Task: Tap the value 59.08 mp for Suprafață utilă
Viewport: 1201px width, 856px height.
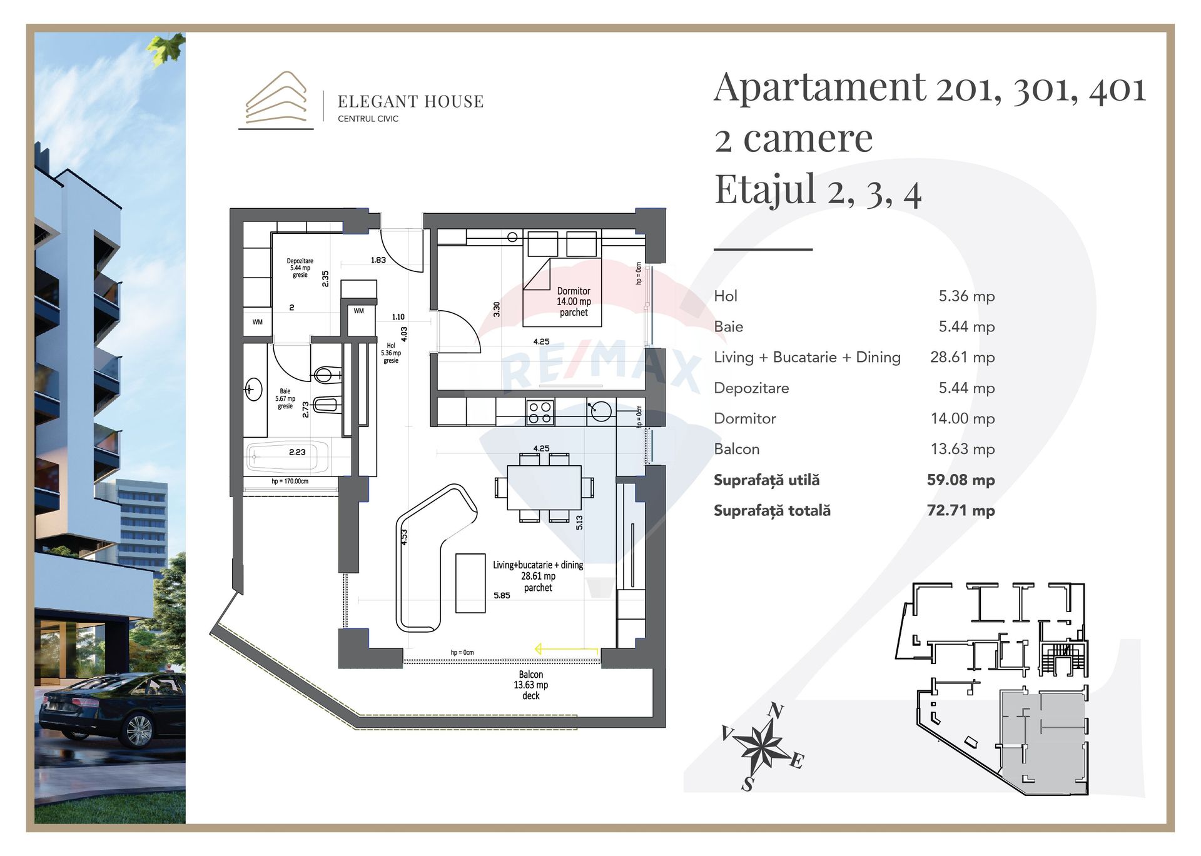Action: coord(960,480)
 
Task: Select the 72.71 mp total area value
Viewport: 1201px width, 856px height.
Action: coord(960,511)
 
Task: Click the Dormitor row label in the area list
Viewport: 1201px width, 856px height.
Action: coord(744,419)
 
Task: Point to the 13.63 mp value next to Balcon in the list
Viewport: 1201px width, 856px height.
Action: coord(962,450)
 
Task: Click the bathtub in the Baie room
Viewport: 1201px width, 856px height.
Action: coord(288,457)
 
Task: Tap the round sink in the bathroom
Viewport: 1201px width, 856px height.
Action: coord(253,390)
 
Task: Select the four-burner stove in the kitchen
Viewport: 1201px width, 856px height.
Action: coord(540,413)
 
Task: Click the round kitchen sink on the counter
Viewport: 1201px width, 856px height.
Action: coord(600,411)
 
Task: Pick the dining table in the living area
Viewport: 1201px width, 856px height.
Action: coord(544,488)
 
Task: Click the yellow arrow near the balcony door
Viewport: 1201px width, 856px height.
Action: coord(567,650)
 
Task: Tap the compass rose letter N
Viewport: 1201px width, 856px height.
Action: coord(776,711)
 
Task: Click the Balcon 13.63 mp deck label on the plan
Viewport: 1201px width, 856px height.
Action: coord(531,685)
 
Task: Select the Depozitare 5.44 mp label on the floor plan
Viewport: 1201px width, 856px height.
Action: coord(300,268)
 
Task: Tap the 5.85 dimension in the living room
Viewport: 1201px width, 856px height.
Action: coord(502,596)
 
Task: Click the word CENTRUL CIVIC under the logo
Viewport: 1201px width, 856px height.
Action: coord(368,119)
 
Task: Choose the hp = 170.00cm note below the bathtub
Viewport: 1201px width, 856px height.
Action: coord(290,481)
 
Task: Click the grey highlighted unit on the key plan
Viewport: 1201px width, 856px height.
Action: coord(1043,741)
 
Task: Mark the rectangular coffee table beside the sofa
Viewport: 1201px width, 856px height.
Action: coord(470,583)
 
